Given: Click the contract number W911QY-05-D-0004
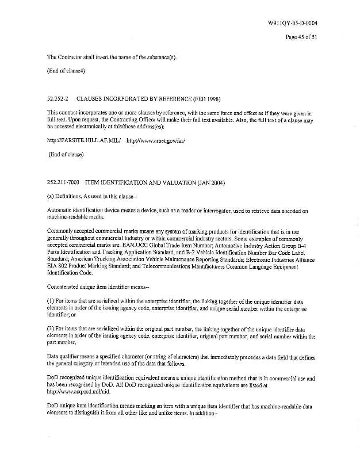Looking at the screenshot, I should [x=293, y=23].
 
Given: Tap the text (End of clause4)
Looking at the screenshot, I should [x=66, y=71].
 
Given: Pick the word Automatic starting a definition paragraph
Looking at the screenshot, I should [x=62, y=211].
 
